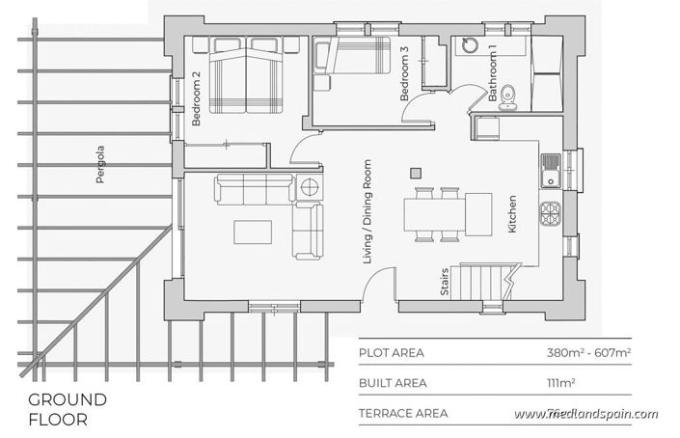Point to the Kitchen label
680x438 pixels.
coord(512,214)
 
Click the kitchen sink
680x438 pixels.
coord(551,170)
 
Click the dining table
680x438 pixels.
coord(449,213)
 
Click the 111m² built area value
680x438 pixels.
coord(558,383)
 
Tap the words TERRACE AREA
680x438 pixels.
coord(403,414)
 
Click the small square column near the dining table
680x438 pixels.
coord(417,172)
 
